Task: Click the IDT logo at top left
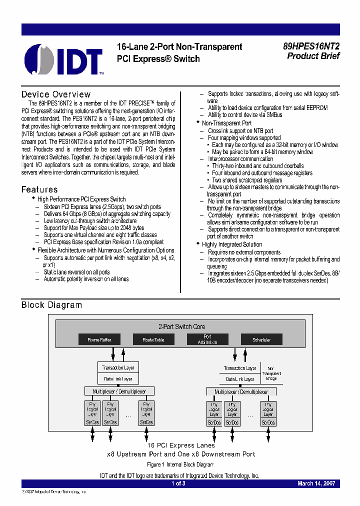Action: coord(64,59)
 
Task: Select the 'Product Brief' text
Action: coord(313,56)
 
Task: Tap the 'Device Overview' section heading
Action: coord(56,94)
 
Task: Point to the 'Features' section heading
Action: coord(39,189)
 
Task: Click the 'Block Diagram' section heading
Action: coord(51,305)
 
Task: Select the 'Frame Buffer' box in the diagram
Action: coord(99,339)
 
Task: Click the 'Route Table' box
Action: coord(153,339)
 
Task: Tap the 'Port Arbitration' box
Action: coord(207,339)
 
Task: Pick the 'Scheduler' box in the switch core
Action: coord(261,339)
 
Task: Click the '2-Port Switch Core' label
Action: coord(181,326)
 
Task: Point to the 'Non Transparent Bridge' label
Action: coord(271,373)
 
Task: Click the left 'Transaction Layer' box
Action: coord(118,367)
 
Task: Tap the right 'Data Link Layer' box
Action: coord(240,379)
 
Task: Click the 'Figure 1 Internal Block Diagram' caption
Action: coord(180,464)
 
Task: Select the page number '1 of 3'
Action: coord(178,483)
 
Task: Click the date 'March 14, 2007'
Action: coord(316,483)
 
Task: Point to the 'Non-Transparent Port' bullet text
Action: coord(226,123)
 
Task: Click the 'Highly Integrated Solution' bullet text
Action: coord(232,244)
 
